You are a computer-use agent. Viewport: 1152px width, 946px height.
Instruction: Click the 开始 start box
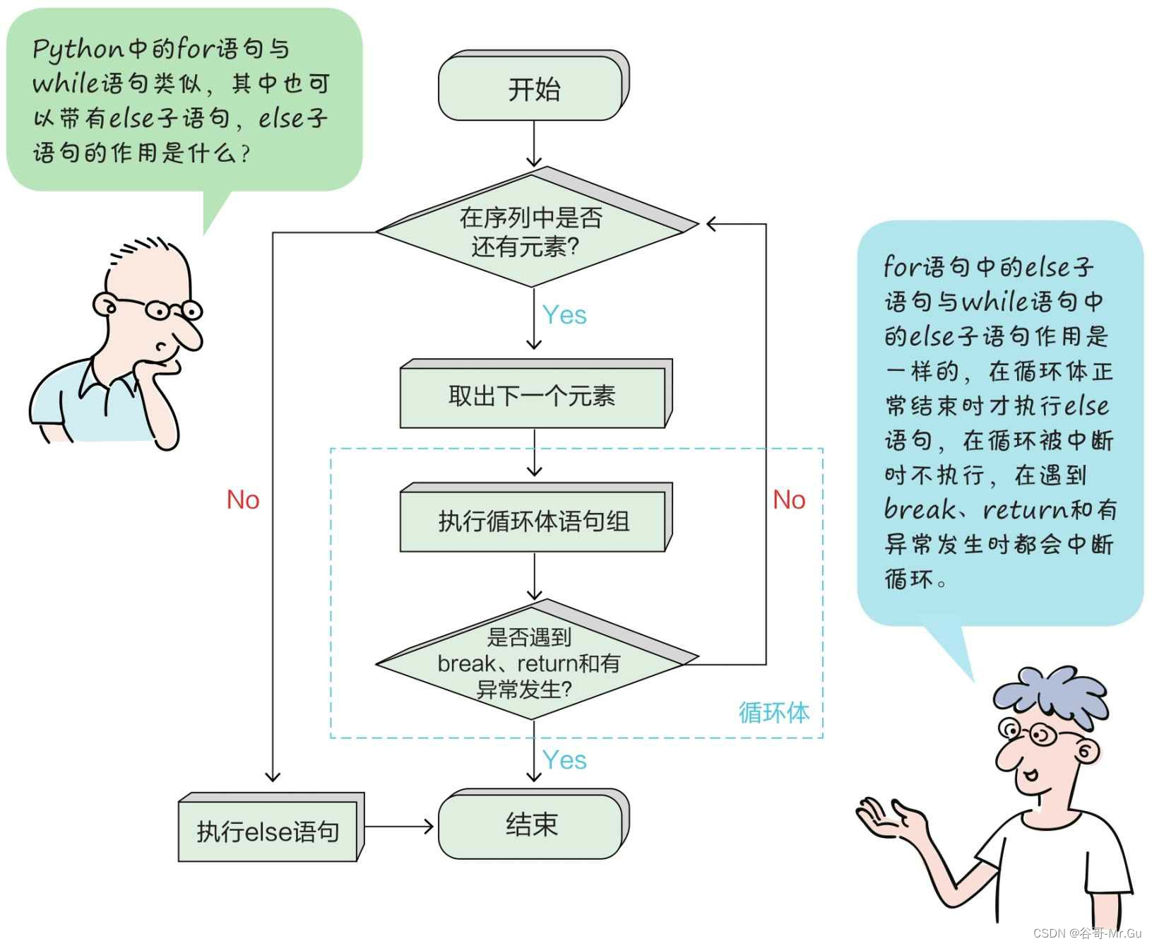tap(533, 88)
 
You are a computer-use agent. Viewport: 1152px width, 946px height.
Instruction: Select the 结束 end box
tap(532, 824)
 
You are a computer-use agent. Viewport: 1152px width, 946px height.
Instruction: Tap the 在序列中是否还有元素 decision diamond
tap(531, 232)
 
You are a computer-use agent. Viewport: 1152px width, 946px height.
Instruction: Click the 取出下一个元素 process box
tap(532, 396)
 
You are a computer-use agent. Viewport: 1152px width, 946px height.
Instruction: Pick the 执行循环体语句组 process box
tap(533, 521)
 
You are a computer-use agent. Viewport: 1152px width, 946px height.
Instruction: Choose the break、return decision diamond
tap(530, 663)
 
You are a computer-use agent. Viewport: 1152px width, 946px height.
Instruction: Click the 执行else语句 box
tap(268, 831)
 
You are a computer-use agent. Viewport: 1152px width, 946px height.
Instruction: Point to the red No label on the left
tap(242, 499)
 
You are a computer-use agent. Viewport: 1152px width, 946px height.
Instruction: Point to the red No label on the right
tap(788, 499)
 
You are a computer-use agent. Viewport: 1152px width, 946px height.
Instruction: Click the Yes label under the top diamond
tap(564, 314)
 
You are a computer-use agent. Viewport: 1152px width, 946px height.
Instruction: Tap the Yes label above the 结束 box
tap(564, 760)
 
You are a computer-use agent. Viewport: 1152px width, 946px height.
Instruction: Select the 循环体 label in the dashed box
tap(773, 712)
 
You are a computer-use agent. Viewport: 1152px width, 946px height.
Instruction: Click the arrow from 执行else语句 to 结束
tap(399, 826)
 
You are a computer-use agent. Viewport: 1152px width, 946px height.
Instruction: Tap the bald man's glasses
tap(173, 309)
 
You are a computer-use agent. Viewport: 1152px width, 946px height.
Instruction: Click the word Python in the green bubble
tap(78, 49)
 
